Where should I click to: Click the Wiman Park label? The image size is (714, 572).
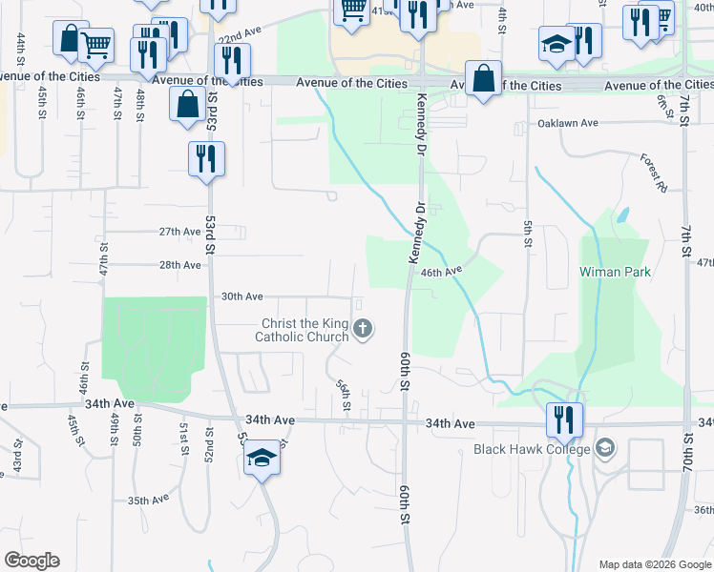(x=615, y=272)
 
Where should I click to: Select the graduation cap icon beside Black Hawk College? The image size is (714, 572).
(x=605, y=448)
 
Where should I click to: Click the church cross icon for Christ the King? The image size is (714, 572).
(x=362, y=330)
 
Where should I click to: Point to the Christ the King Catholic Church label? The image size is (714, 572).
(x=301, y=330)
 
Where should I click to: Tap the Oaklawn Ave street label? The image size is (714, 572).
(x=567, y=123)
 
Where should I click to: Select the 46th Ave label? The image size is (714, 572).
(x=442, y=271)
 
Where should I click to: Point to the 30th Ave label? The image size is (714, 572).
(x=241, y=296)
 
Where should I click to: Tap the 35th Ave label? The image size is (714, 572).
(x=148, y=500)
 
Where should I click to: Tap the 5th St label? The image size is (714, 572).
(x=526, y=232)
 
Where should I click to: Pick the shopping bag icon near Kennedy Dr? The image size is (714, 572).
(x=484, y=81)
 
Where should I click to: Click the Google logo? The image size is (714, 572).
(x=31, y=561)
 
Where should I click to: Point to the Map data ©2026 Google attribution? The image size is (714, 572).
(x=655, y=564)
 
